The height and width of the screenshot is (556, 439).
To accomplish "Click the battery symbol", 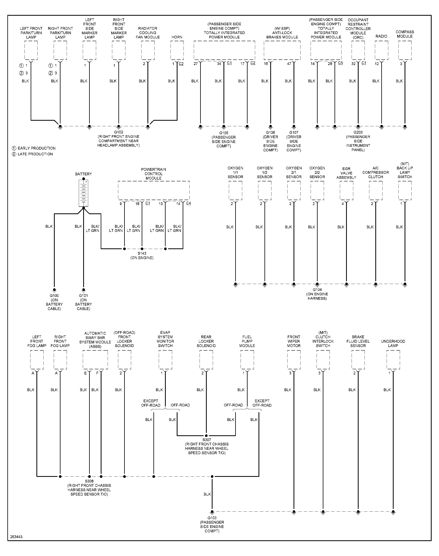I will tap(83, 193).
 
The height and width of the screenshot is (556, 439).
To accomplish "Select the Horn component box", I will tap(177, 50).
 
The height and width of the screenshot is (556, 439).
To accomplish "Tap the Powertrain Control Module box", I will tap(154, 190).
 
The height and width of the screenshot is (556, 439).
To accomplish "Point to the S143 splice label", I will tap(142, 253).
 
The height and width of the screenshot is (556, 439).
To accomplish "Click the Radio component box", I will tap(381, 50).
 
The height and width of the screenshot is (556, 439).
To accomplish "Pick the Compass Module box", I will tap(405, 50).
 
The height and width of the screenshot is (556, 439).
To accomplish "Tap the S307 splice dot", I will tap(206, 435).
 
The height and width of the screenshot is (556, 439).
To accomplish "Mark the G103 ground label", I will tap(212, 518).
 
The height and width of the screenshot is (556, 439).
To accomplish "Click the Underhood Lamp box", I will tap(393, 360).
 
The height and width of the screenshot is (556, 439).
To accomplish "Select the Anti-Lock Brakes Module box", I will tap(282, 50).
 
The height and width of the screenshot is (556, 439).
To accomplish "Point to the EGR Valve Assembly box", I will tap(346, 190).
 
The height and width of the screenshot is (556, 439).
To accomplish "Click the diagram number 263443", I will tap(16, 537).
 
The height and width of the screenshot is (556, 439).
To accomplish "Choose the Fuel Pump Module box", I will tap(247, 360).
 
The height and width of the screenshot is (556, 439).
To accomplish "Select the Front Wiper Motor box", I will tap(294, 360).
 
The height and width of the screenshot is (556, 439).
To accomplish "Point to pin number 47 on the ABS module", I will tap(289, 64).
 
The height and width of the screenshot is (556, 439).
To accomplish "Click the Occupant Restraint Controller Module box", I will tap(358, 50).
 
